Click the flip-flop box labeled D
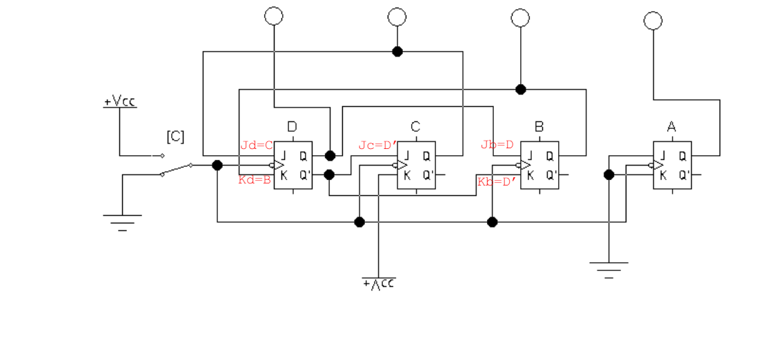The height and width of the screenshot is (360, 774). (293, 166)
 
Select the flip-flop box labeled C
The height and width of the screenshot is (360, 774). (417, 166)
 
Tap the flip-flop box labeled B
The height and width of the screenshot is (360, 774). (539, 166)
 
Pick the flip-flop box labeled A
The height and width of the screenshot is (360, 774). (672, 166)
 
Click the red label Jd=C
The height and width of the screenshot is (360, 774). (257, 145)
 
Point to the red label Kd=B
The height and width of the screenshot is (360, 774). (255, 180)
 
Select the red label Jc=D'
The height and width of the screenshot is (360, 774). (377, 145)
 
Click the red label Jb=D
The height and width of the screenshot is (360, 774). (497, 145)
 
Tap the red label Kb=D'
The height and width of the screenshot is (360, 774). (497, 182)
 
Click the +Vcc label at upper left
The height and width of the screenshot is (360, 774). (119, 102)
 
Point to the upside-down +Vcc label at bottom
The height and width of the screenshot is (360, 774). (379, 283)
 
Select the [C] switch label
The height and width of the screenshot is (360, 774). (175, 136)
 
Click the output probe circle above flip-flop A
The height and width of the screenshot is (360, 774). (653, 21)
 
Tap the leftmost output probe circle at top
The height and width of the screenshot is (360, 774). (274, 16)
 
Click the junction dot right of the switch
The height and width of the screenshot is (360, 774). (217, 165)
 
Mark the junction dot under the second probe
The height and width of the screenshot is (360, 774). (397, 51)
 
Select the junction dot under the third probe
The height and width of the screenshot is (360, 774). (521, 89)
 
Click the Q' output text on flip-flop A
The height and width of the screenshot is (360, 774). (683, 175)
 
